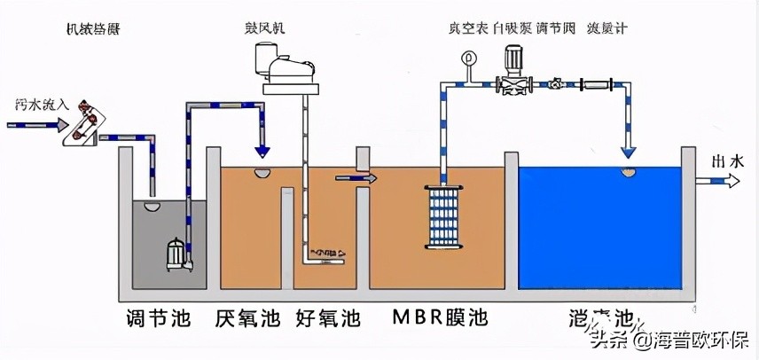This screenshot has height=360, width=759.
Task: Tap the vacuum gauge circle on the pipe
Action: pyautogui.click(x=467, y=59)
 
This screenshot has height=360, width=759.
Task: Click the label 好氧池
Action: pyautogui.click(x=327, y=317)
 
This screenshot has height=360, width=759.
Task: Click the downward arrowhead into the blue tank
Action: pyautogui.click(x=627, y=144)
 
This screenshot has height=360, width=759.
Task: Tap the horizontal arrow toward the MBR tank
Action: pyautogui.click(x=356, y=179)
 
